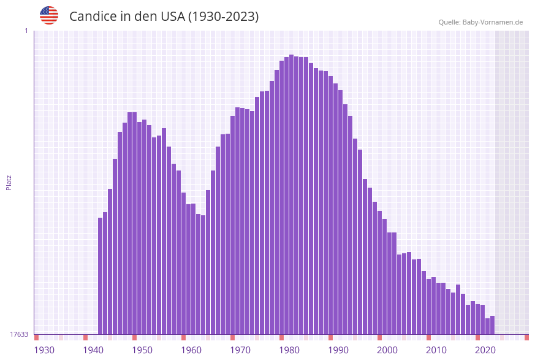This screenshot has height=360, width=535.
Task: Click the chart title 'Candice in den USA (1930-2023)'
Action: pos(164,17)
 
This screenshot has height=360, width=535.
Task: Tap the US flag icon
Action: pos(49,15)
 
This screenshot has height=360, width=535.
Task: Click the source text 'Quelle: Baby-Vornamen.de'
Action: pos(480,22)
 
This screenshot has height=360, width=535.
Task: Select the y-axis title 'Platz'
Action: pos(9,182)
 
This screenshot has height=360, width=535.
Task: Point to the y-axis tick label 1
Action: pos(26,31)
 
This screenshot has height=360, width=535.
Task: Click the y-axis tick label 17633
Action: pos(18,334)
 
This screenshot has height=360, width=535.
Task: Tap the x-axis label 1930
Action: pos(44,350)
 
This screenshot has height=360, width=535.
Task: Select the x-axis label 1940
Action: pos(93,350)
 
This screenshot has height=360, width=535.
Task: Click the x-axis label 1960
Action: pos(191,350)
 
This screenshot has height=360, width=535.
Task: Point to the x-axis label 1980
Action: pos(289,350)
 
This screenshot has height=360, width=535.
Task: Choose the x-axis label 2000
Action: pos(387,350)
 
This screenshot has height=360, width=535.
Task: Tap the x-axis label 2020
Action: pos(485,350)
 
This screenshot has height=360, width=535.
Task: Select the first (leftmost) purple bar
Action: pos(100,276)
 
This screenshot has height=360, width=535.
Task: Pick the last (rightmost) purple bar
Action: pos(492,325)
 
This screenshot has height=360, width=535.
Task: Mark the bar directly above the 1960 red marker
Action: pos(183,264)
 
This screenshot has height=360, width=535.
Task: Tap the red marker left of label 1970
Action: pos(232,337)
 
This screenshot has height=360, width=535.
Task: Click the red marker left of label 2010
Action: pos(428,337)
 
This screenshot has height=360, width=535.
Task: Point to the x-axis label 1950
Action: pos(142,350)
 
